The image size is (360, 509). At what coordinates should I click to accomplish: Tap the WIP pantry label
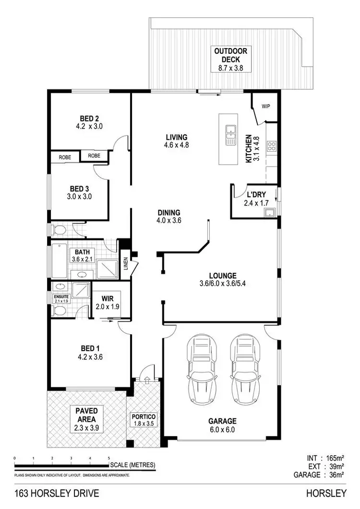(x=265, y=106)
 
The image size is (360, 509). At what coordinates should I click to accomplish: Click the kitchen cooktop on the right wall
(x=272, y=146)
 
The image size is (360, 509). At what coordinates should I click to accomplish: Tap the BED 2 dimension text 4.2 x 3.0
(x=89, y=127)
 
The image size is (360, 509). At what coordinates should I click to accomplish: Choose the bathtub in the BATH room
(x=59, y=260)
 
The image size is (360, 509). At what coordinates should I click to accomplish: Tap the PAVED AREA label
(x=86, y=415)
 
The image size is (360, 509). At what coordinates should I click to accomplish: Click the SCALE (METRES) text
(x=133, y=465)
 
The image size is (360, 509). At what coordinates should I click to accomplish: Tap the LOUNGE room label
(x=222, y=276)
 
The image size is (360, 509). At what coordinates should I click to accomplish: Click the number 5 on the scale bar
(x=109, y=458)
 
